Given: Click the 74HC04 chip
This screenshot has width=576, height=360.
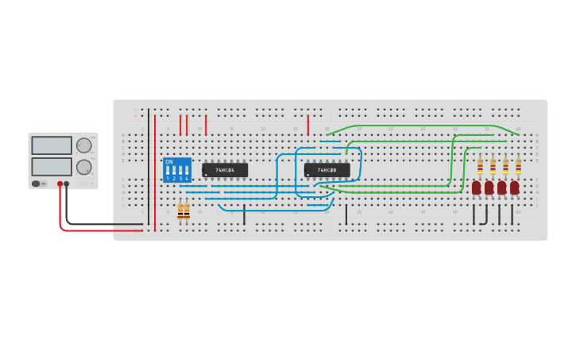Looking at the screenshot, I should point(225,170).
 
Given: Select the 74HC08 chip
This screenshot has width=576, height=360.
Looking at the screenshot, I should point(327,170).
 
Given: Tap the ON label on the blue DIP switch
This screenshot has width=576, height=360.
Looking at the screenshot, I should point(169,162).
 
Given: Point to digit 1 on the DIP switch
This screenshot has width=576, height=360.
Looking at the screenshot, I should point(168,178).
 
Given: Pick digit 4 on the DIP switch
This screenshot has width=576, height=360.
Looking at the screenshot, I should point(187,178).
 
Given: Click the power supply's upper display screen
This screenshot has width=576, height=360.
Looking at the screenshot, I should point(52,145).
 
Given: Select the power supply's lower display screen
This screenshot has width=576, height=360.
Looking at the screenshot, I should point(52,166).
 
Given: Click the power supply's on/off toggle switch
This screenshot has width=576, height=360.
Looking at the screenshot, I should point(36,184).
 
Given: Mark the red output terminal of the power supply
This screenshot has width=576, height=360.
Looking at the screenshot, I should point(60,184).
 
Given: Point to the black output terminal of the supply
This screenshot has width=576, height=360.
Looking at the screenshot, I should point(67,184).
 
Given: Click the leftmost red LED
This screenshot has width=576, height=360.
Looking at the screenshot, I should point(476,188).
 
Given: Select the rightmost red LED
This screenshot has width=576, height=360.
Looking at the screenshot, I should point(515,188).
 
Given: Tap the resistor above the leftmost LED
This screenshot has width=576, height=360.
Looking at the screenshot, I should point(480,165).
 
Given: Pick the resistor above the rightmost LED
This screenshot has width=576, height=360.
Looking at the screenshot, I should point(518,165).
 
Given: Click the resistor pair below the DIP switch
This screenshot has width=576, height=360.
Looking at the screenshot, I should point(184,211).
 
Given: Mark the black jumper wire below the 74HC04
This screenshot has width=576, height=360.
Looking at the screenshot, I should point(244,215).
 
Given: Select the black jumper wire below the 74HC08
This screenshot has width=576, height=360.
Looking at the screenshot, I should point(346,215).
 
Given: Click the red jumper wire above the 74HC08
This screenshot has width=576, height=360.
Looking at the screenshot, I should point(308,125).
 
